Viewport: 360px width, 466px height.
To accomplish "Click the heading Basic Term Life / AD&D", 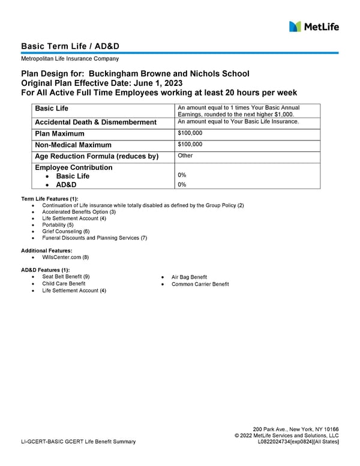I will click(x=74, y=46).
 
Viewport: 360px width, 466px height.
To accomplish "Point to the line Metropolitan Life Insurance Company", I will click(x=70, y=59).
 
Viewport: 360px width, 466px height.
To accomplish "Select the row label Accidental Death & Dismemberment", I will click(x=96, y=123).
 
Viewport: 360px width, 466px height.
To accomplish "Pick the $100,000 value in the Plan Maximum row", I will click(x=190, y=133).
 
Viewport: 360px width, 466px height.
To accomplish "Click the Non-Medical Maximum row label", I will click(x=73, y=145).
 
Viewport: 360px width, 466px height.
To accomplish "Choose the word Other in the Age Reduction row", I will click(x=185, y=156).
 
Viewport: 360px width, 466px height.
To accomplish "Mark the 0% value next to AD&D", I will click(x=182, y=185).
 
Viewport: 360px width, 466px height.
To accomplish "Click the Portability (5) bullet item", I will click(x=58, y=225).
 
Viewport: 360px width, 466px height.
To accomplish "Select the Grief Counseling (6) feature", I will click(x=65, y=231).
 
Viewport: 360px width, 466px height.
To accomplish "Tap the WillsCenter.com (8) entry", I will click(x=65, y=257).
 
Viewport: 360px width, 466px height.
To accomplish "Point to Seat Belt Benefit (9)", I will click(x=66, y=277).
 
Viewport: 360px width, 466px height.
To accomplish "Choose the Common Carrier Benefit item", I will click(x=200, y=284).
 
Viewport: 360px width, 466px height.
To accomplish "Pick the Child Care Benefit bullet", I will click(x=64, y=283).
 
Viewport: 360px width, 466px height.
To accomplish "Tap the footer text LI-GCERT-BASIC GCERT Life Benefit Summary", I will click(x=78, y=443).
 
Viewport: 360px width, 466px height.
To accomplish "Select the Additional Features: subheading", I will click(x=47, y=250).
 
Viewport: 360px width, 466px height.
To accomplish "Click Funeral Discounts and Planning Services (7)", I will click(x=94, y=238).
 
